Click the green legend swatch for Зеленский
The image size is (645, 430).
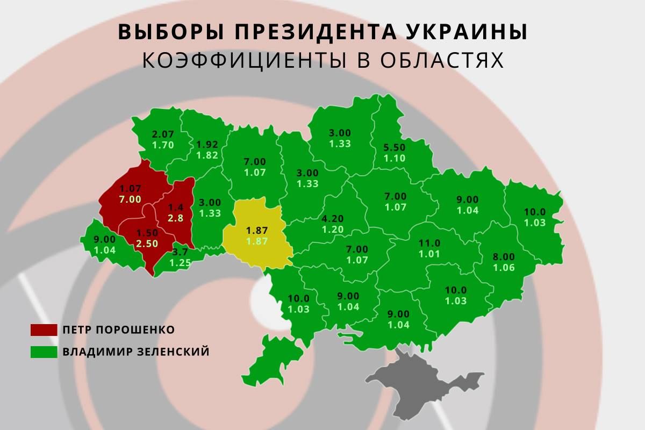coord(44,353)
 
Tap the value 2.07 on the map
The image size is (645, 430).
coord(163,134)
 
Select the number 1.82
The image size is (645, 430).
coord(207,155)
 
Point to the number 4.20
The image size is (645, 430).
coord(333,219)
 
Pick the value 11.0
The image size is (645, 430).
coord(429,243)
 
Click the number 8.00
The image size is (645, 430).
coord(504,256)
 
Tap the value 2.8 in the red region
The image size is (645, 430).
coord(176,218)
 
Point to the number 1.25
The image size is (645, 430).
coord(181,263)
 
